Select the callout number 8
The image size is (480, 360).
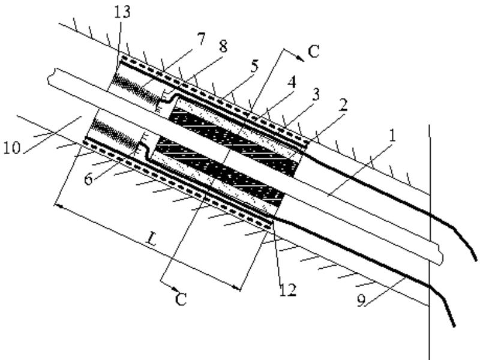coord(223,48)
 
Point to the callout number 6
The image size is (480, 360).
coord(88,179)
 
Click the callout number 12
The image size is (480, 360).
coord(287,290)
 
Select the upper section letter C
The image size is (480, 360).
coord(313,53)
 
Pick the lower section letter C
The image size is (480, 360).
coord(181,299)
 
